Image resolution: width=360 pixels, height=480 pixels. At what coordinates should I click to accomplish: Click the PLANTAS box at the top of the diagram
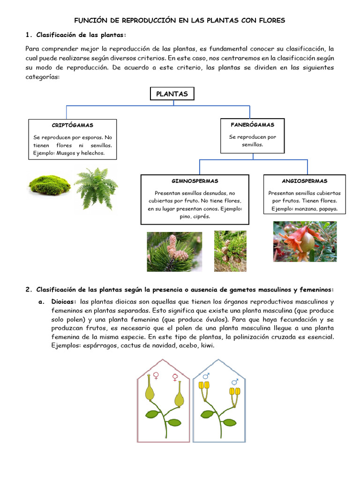coord(172,94)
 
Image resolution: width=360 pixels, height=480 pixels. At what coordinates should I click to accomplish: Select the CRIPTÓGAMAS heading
coord(72,125)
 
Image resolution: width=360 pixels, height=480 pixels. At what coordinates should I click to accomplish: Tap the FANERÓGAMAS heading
coord(252,125)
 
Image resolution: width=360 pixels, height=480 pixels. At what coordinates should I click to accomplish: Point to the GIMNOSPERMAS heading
coord(195,181)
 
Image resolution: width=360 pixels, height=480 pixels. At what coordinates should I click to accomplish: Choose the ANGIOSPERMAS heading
coord(304,181)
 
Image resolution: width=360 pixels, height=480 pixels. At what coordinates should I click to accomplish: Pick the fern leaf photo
coord(97,187)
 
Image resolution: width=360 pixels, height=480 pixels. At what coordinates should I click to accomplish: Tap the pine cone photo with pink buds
coord(174,252)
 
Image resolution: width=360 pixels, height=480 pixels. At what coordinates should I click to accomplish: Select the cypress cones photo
coord(230,251)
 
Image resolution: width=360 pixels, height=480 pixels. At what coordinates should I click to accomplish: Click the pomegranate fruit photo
coord(305,241)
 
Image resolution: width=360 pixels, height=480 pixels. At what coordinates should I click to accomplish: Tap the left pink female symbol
coord(156,375)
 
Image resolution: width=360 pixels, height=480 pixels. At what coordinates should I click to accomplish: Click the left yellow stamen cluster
coord(204,386)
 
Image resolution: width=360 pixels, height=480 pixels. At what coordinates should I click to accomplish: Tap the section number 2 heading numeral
coord(28,289)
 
